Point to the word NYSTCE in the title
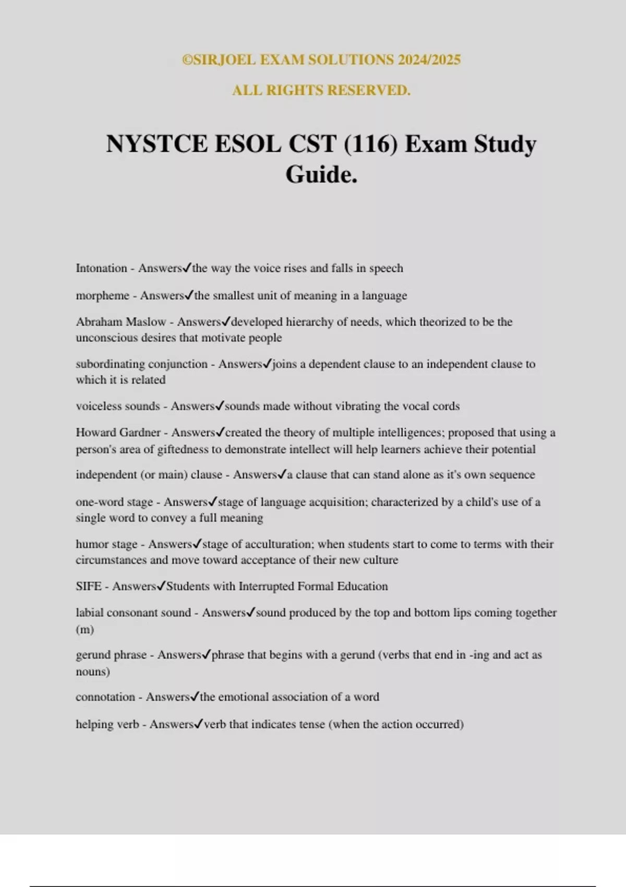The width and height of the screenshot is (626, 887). click(156, 144)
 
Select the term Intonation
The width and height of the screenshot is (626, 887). click(101, 268)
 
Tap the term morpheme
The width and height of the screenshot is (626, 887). click(102, 296)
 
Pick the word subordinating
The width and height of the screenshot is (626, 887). click(108, 364)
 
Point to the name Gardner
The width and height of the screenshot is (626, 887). click(140, 433)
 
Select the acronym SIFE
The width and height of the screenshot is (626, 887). click(88, 586)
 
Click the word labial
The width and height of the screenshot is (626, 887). click(89, 613)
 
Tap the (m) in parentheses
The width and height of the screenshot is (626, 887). click(85, 629)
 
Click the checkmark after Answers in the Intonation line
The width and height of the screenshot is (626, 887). click(187, 268)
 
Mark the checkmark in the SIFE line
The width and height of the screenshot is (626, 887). click(161, 586)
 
